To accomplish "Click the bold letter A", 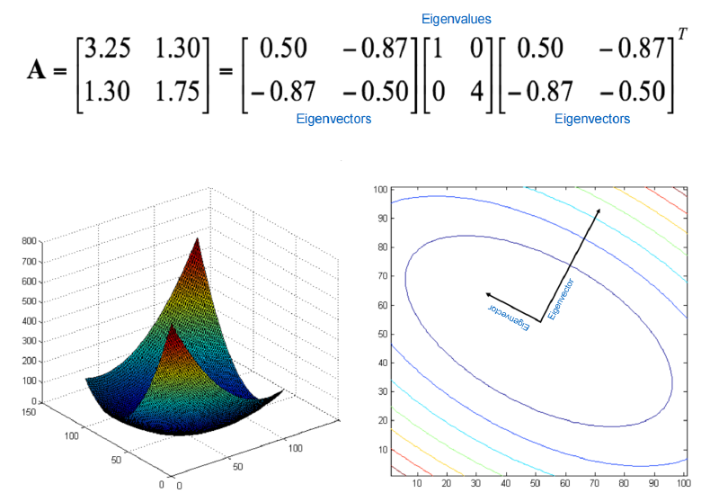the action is (36, 71).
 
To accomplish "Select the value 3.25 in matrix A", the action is (108, 49).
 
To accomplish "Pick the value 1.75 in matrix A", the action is (177, 91).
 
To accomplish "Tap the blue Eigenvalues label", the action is (457, 19).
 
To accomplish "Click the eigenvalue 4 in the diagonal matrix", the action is (477, 91).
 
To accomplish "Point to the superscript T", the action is (682, 34).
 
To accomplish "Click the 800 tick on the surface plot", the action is (29, 241).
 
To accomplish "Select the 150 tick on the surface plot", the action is (29, 412).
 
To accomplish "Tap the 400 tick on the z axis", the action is (29, 321).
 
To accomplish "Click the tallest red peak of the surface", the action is (197, 239).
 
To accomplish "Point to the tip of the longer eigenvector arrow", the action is (599, 209).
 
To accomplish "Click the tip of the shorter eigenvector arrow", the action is (486, 293).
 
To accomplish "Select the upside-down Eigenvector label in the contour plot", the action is (509, 317).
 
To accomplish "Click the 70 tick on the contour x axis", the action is (594, 483).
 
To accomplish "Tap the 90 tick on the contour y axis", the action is (383, 219).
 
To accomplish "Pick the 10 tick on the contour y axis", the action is (383, 450).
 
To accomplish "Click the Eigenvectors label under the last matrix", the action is (592, 119).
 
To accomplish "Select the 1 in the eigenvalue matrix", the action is (436, 49).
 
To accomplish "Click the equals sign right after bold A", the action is (60, 71).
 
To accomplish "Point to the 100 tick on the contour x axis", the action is (684, 483).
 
